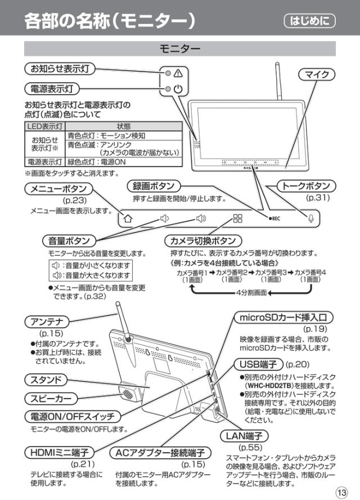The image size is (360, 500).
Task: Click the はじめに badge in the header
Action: [x=310, y=21]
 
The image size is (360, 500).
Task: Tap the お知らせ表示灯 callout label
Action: [x=60, y=69]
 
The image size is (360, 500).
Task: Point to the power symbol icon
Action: [x=178, y=89]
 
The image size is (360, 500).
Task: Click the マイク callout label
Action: [x=316, y=74]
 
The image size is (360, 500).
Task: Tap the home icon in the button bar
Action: [x=128, y=218]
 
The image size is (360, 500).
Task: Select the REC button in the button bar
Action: [x=274, y=218]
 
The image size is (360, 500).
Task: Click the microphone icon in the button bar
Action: [x=310, y=218]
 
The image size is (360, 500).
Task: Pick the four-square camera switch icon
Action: [x=238, y=218]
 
